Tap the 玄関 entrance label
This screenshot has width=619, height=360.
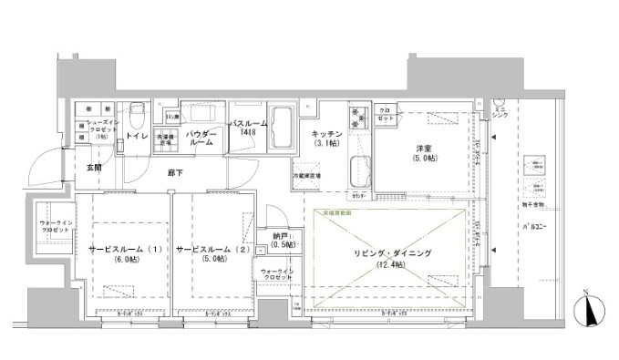point(95,167)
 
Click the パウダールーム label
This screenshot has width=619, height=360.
point(201,137)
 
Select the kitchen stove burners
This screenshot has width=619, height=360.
point(356,118)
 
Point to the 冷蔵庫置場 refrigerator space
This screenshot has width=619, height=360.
point(306,175)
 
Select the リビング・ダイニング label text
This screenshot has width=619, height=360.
point(393,252)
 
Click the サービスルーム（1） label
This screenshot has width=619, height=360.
point(126,249)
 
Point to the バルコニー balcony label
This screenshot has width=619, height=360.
point(535,223)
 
